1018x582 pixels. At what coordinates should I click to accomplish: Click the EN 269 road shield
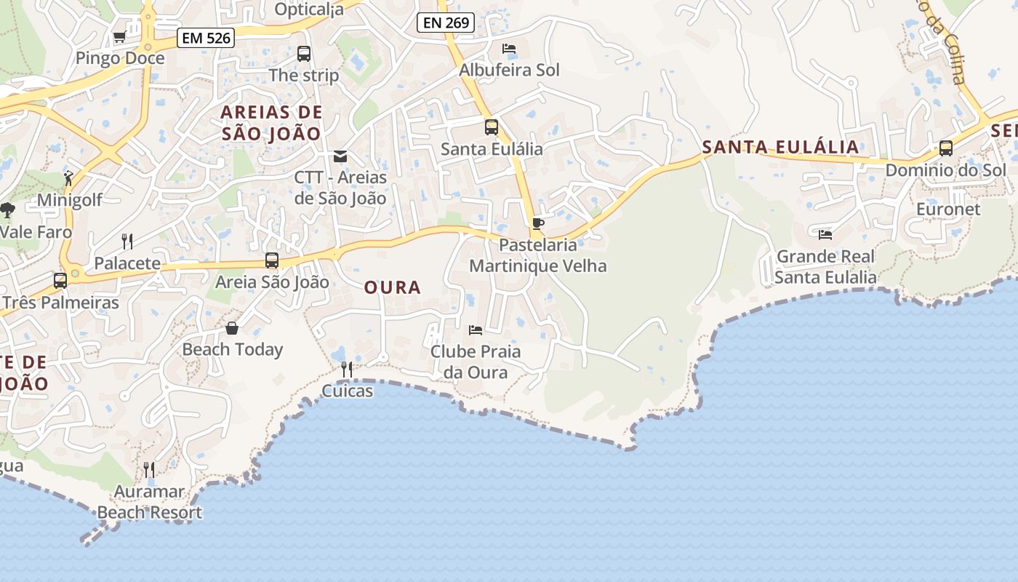(446, 23)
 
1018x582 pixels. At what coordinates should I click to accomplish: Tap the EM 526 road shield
(206, 38)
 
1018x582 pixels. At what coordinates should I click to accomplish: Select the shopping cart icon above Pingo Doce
(119, 36)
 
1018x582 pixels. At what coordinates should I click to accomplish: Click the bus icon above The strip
(304, 53)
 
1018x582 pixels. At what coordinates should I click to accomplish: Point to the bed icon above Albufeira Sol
(509, 49)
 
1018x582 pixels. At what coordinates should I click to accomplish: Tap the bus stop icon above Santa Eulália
(492, 127)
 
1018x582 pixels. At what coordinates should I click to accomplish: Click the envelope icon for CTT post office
(340, 156)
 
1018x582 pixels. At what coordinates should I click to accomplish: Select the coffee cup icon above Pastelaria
(537, 223)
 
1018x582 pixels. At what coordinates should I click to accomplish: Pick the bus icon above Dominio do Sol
(946, 148)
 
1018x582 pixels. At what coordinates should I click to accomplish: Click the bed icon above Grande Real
(825, 234)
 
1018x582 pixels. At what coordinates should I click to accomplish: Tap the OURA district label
(393, 287)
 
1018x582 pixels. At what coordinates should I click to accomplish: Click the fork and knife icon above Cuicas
(347, 370)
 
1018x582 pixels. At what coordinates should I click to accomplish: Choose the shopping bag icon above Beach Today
(232, 328)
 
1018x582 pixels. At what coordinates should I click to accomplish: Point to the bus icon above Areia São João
(272, 260)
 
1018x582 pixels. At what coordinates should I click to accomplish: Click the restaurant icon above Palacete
(127, 242)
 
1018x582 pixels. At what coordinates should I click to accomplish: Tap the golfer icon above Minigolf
(69, 178)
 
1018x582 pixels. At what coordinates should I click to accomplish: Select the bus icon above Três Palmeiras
(60, 281)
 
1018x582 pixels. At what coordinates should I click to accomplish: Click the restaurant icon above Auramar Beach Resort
(149, 470)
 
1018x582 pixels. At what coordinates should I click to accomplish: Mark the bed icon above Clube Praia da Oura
(476, 330)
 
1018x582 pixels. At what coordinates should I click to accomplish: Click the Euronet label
(948, 210)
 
